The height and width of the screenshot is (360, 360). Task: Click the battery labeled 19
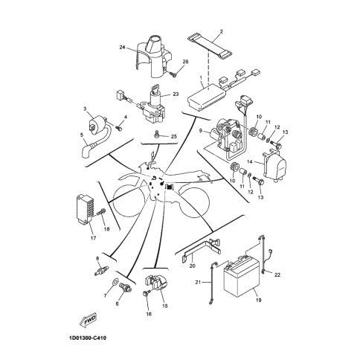pyautogui.click(x=242, y=277)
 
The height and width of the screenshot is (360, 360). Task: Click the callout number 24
pyautogui.click(x=122, y=47)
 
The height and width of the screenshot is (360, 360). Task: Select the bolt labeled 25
pyautogui.click(x=158, y=134)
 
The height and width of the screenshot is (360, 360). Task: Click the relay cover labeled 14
pyautogui.click(x=274, y=164)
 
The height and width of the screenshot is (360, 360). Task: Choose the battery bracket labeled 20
pyautogui.click(x=202, y=249)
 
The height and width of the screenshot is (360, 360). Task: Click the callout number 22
pyautogui.click(x=277, y=274)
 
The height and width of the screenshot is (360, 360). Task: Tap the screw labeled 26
pyautogui.click(x=173, y=74)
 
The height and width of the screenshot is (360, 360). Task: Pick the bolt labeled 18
pyautogui.click(x=100, y=213)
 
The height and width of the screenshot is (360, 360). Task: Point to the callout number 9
pyautogui.click(x=201, y=130)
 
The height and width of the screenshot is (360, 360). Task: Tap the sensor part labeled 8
pyautogui.click(x=102, y=271)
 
